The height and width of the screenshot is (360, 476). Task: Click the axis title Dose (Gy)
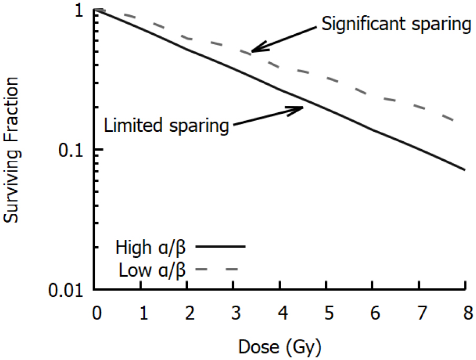point(279,347)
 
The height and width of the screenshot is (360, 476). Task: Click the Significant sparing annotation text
point(396,24)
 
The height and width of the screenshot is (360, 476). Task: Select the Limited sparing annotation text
point(166,125)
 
